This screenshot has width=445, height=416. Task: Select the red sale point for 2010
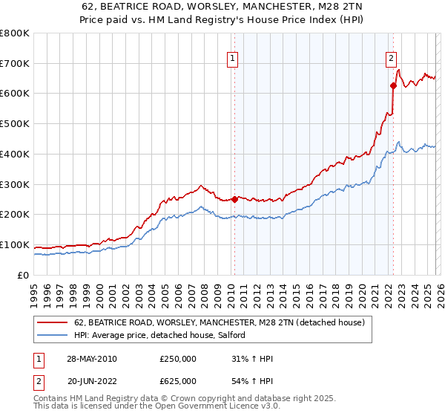(x=234, y=199)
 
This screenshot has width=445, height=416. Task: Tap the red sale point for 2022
(x=393, y=85)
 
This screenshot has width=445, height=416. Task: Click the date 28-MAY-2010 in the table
(x=92, y=359)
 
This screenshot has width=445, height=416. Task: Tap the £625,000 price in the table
(x=178, y=381)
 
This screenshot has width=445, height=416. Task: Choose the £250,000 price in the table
(x=178, y=359)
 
